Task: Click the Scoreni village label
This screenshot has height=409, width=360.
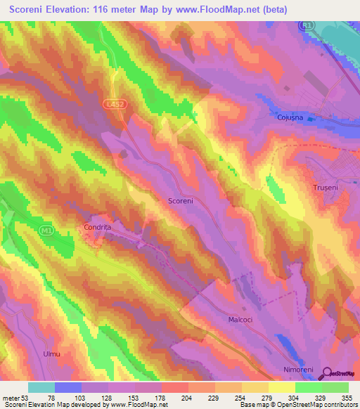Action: tap(181, 201)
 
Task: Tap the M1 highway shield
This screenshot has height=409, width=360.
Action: tap(46, 229)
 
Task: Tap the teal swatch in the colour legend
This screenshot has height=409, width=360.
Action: tap(41, 387)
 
